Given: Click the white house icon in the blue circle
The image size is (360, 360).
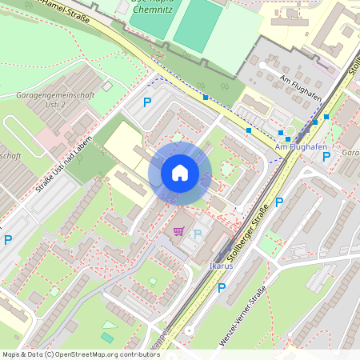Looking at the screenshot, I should [180, 173].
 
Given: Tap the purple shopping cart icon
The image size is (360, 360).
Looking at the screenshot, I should [178, 231].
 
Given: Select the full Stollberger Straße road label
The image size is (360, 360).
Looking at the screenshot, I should [248, 230].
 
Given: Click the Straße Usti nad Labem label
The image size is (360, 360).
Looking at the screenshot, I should [63, 166].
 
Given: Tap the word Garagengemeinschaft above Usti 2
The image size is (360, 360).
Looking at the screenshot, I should [55, 95].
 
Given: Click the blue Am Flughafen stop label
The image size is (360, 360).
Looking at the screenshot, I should [298, 147].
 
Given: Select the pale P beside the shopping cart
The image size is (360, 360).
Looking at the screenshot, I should [197, 234].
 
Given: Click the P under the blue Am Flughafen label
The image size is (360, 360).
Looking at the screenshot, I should [326, 156].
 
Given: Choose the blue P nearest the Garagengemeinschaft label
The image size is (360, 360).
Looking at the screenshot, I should [146, 102].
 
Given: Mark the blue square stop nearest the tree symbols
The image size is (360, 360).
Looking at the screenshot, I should [206, 98].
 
